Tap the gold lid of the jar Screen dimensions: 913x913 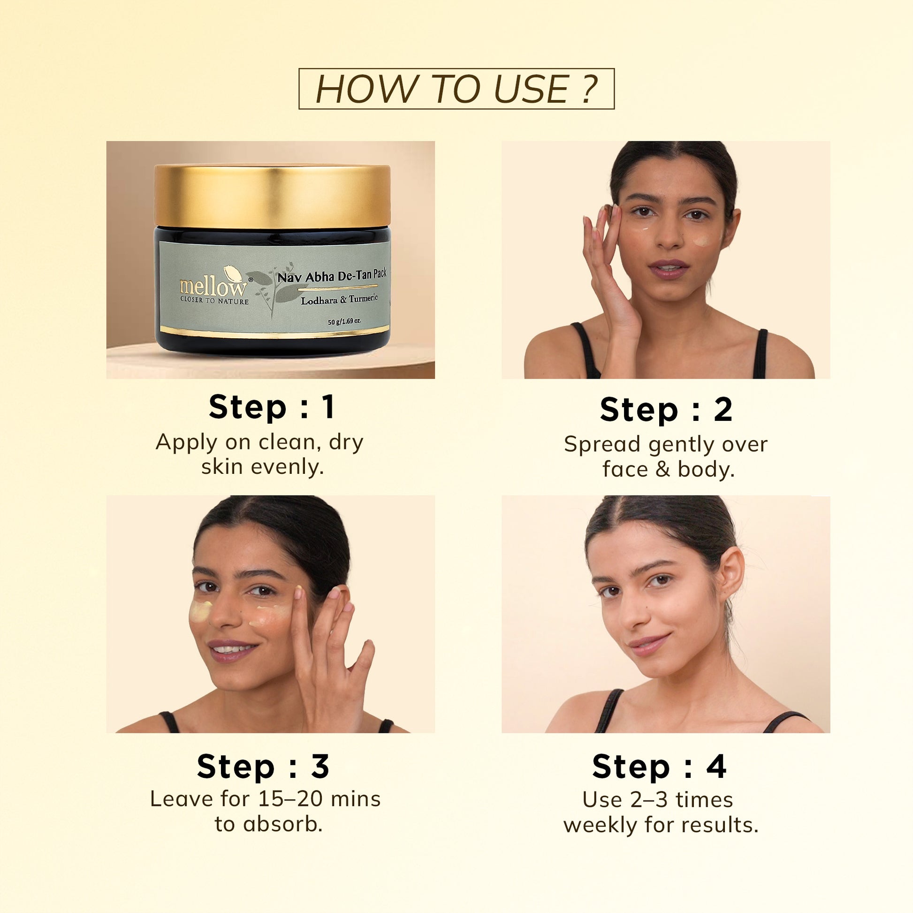click(x=272, y=196)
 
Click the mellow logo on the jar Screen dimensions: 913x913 click(x=213, y=286)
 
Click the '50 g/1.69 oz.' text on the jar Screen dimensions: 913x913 click(x=344, y=321)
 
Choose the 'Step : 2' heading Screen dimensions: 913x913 click(x=666, y=410)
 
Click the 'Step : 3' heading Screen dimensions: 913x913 click(x=263, y=767)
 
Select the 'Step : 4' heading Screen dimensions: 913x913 click(x=659, y=767)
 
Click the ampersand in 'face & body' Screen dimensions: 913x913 click(x=663, y=469)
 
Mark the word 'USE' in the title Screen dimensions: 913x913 click(x=532, y=89)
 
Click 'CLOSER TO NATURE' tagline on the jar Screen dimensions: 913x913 click(x=214, y=301)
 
